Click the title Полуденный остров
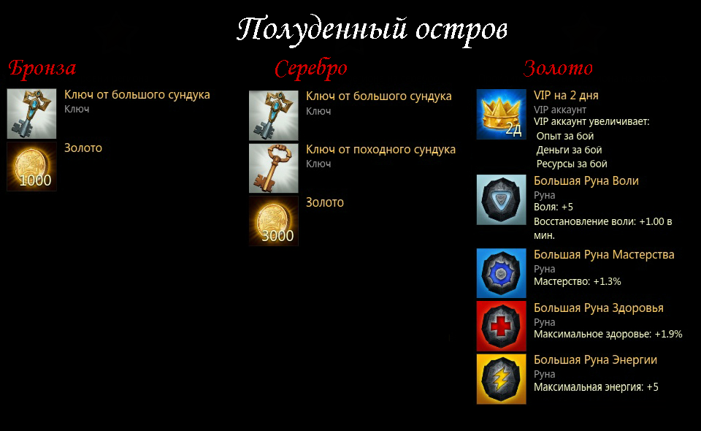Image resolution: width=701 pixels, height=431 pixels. [372, 30]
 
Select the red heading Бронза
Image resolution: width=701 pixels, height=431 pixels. [42, 68]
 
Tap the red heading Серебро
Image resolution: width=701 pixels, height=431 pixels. [311, 69]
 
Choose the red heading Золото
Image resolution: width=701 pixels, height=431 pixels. [558, 68]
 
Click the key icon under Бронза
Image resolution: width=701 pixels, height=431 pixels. [31, 113]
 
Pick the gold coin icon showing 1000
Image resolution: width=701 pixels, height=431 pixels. [31, 167]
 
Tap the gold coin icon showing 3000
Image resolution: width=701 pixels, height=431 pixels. [274, 221]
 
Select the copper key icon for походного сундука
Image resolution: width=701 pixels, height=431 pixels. [274, 168]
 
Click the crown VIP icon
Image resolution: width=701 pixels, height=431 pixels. [501, 114]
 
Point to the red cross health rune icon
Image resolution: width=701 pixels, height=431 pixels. [501, 326]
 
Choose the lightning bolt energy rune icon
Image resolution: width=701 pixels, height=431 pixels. [501, 379]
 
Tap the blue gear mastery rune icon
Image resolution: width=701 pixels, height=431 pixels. [501, 273]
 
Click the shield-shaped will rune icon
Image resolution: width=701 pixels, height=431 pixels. [501, 200]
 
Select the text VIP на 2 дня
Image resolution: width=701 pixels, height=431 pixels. [566, 96]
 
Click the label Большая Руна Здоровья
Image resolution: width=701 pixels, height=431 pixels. [599, 308]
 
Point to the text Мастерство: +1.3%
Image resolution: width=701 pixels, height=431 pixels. [577, 282]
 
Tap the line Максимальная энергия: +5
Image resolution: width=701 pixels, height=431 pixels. [596, 387]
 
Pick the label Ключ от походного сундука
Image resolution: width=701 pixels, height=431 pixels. [381, 150]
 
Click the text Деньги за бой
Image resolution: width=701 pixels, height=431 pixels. [569, 150]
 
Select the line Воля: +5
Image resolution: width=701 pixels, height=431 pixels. [553, 207]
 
